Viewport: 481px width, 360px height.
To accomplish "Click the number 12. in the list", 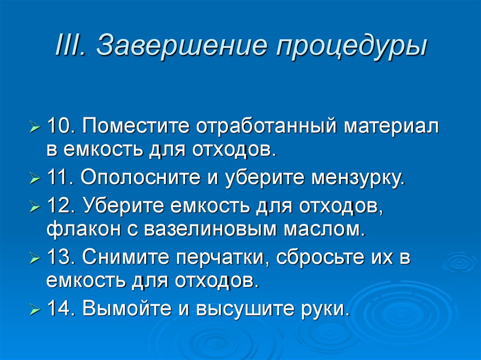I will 62,206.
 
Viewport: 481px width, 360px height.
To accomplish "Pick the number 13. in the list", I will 62,257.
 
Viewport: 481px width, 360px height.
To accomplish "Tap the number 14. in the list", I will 62,308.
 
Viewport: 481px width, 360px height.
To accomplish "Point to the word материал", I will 392,127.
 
